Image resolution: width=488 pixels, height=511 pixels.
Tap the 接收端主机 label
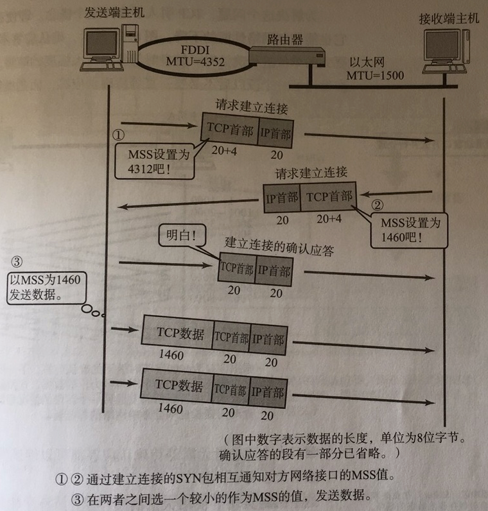tap(449, 19)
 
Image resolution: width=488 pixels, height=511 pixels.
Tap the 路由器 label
tap(285, 38)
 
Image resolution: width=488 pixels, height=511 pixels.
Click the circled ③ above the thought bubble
tap(18, 261)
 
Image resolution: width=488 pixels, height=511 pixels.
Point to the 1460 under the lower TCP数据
tap(170, 409)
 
